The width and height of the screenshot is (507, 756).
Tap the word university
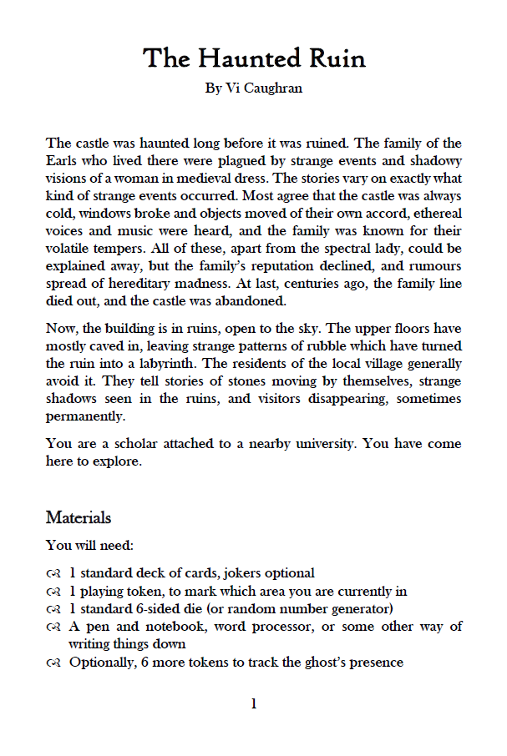(330, 444)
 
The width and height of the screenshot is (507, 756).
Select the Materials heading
(79, 518)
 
